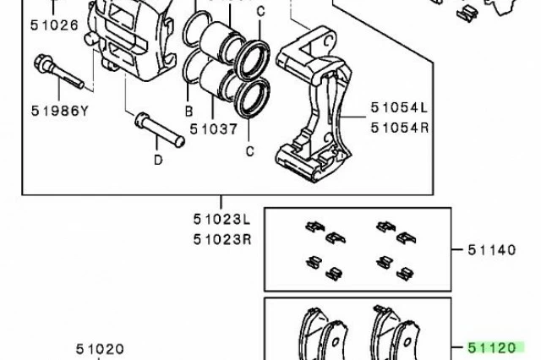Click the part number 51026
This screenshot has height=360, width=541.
tap(54, 25)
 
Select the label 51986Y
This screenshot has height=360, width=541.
tap(60, 111)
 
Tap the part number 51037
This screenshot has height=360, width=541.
tap(214, 129)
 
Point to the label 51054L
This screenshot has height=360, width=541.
tap(399, 107)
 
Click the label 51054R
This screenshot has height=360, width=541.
tap(400, 128)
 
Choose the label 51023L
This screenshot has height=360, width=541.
tap(221, 220)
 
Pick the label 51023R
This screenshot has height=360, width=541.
tap(222, 239)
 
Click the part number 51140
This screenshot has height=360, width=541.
tap(492, 250)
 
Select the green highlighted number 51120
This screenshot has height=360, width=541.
tap(492, 348)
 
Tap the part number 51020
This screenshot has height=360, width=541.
tap(100, 349)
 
